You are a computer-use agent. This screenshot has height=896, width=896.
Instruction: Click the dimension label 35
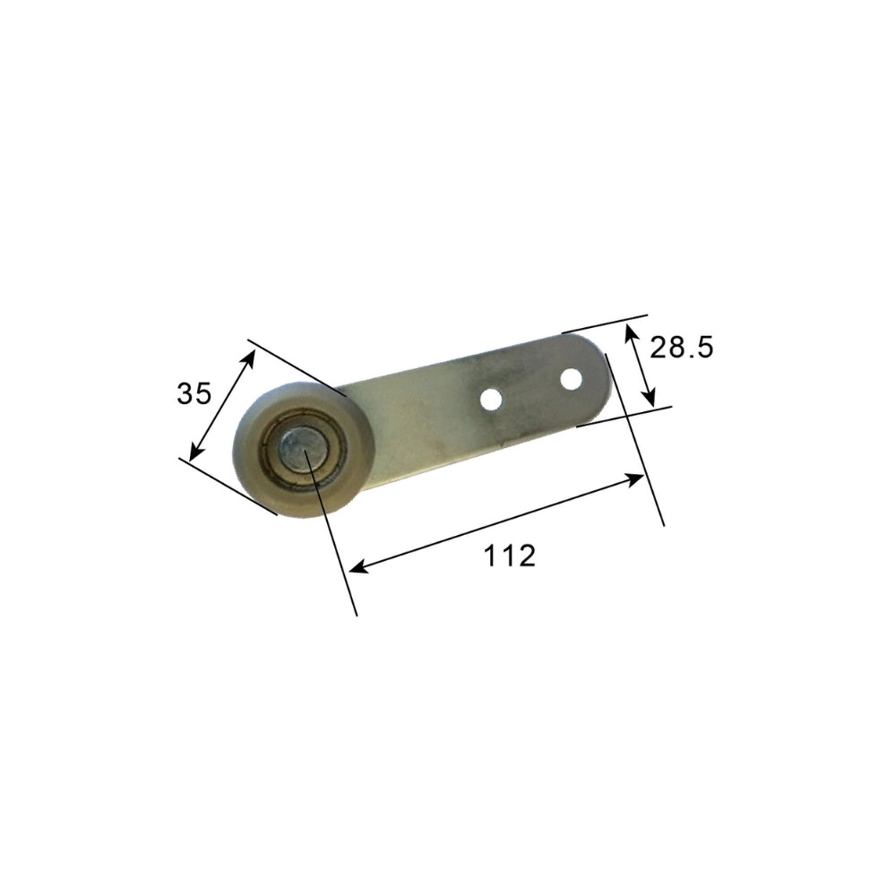tap(194, 392)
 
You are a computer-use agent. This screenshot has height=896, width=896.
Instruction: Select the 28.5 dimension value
tap(681, 348)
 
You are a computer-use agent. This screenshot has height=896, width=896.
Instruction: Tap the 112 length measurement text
tap(510, 556)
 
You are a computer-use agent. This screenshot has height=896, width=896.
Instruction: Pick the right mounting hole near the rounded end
tap(569, 380)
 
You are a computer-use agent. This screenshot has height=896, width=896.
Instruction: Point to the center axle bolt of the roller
tap(295, 445)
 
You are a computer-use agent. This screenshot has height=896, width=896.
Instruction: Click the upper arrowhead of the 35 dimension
tap(250, 357)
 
